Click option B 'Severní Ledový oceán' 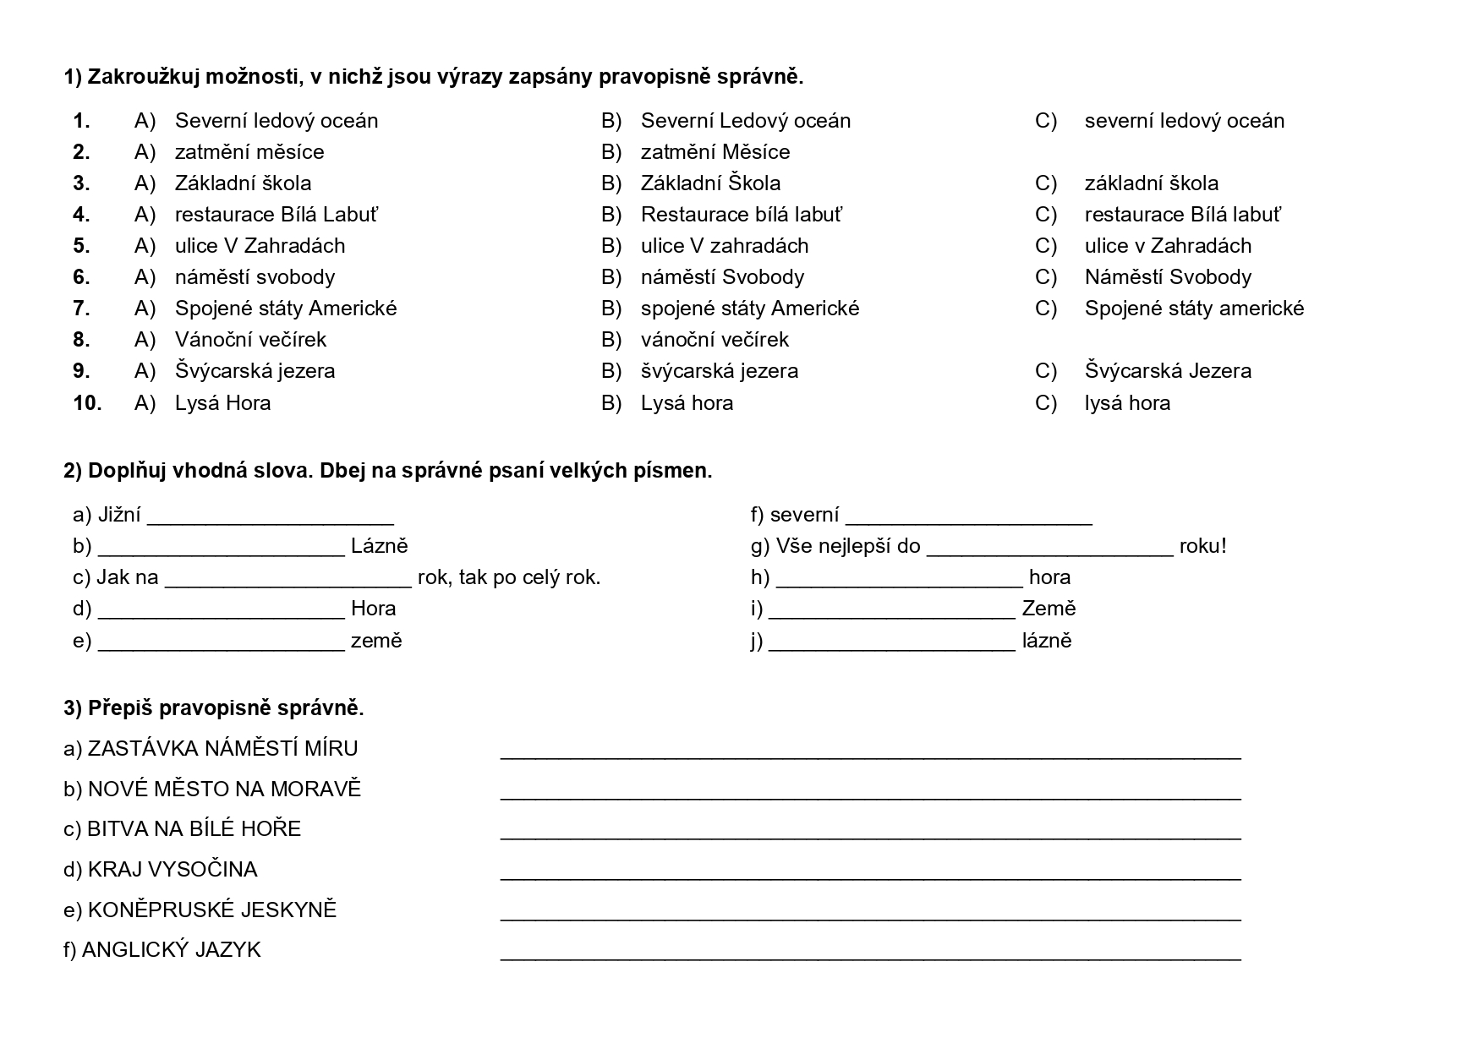[745, 121]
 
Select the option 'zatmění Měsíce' [715, 152]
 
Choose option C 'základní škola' [1151, 183]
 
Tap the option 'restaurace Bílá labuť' [1182, 215]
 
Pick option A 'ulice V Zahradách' [260, 246]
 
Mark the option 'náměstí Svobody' [722, 277]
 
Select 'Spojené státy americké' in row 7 [1194, 309]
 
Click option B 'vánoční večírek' [715, 340]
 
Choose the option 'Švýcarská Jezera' [1168, 371]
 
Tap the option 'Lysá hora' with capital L [687, 403]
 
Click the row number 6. [81, 277]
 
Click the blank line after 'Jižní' [271, 517]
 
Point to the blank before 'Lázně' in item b [222, 549]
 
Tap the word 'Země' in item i [1049, 609]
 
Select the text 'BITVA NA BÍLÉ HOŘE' [194, 828]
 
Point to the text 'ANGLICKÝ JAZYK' [172, 950]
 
